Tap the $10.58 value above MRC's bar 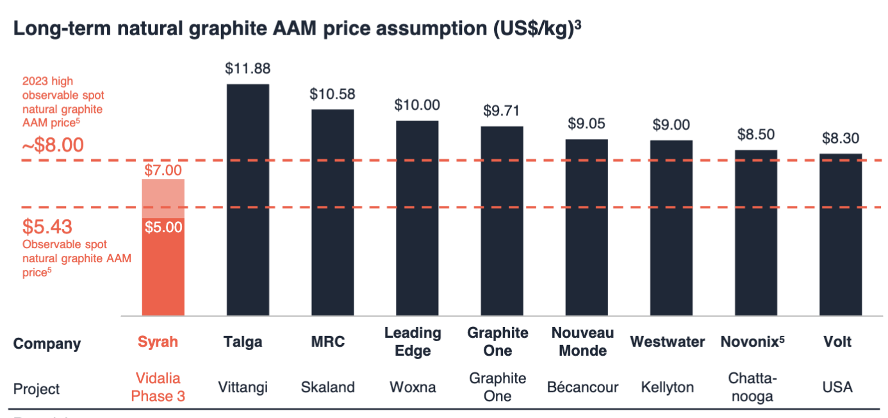coord(332,94)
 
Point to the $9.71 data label coord(502,111)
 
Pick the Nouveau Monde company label coord(582,342)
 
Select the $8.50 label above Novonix coord(755,135)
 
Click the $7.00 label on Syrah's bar coord(163,171)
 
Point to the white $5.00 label coord(163,227)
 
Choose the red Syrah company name coord(158,342)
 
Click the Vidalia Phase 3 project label coord(158,387)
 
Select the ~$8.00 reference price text coord(53,145)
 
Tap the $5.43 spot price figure coord(47,227)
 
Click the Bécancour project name coord(583,387)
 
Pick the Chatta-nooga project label coord(752,387)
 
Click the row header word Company coord(47,344)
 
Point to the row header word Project coord(37,389)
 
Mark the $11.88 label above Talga coord(247,69)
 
